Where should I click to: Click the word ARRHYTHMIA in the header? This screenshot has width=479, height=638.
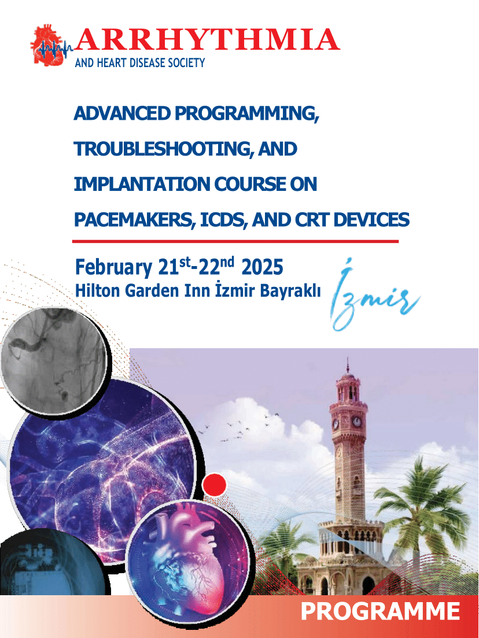[x=207, y=40]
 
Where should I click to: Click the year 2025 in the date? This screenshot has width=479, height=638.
[x=262, y=267]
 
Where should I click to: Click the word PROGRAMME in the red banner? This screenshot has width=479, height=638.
[x=380, y=611]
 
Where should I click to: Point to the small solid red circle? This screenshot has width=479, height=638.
[x=214, y=485]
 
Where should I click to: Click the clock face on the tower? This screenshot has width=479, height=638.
[x=356, y=422]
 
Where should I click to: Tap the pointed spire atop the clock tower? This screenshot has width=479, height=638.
[x=347, y=366]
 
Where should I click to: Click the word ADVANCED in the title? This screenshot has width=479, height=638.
[x=122, y=113]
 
